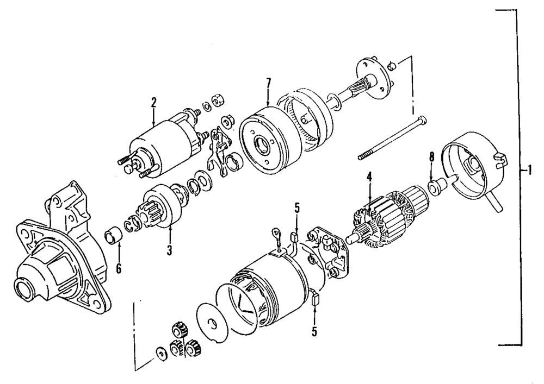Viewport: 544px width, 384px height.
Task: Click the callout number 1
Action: (x=527, y=170)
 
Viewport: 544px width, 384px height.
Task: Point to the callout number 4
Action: (x=369, y=177)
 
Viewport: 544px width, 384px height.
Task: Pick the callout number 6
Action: (x=118, y=268)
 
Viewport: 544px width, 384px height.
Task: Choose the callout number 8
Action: (x=431, y=158)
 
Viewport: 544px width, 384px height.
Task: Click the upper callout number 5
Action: (x=297, y=207)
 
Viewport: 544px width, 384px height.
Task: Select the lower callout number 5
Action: (x=314, y=330)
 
